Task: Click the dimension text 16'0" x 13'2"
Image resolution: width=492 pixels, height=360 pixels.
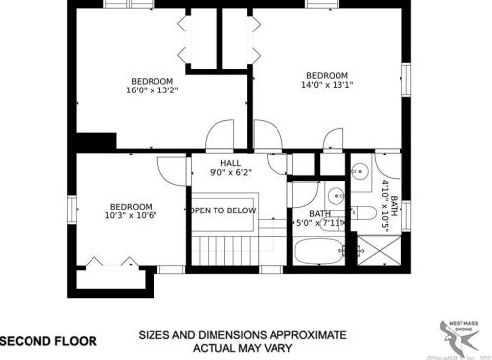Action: click(x=152, y=90)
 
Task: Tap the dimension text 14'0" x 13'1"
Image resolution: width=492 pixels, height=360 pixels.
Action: click(x=326, y=86)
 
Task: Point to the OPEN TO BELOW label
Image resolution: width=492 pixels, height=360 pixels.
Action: click(x=223, y=210)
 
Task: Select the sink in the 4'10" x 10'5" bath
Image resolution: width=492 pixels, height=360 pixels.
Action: click(x=362, y=170)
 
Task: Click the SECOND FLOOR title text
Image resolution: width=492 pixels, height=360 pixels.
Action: click(x=48, y=342)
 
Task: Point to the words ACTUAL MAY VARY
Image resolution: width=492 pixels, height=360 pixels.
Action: click(x=241, y=348)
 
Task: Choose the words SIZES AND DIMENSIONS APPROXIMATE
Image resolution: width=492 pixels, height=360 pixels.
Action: click(x=242, y=334)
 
